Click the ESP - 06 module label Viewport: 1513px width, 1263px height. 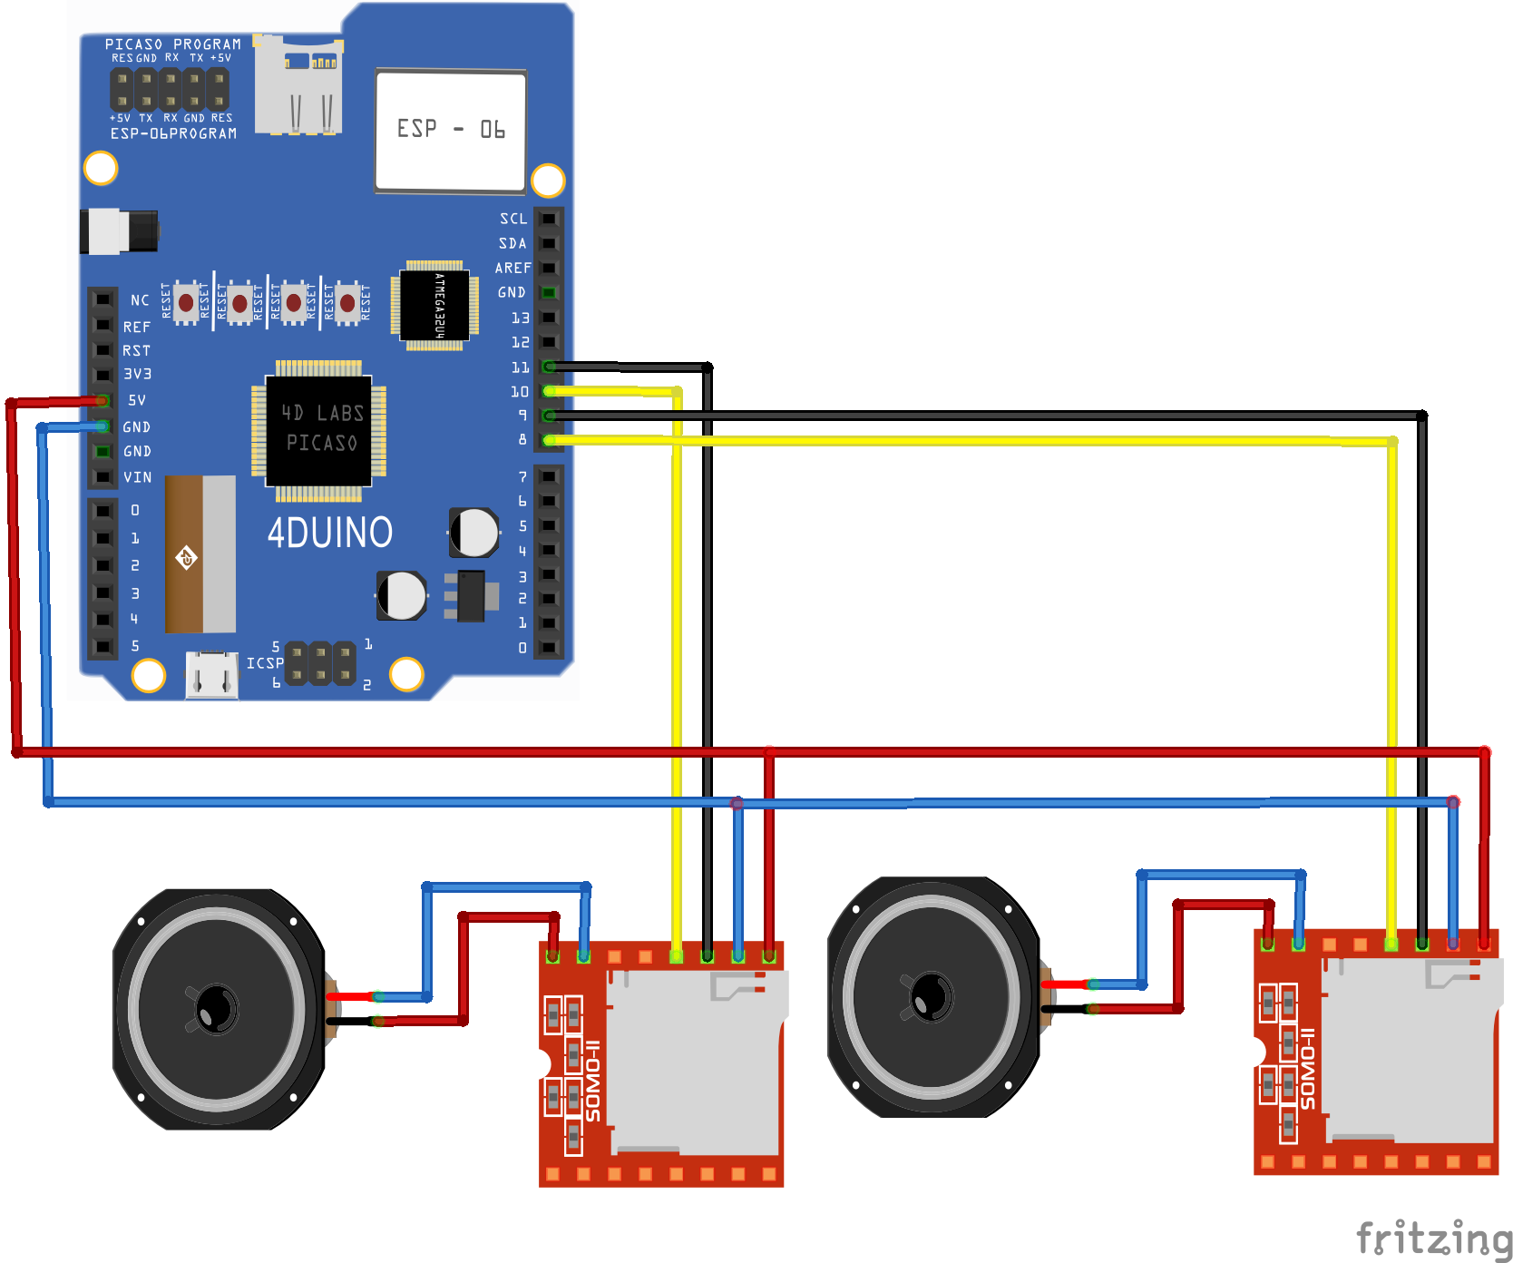(450, 130)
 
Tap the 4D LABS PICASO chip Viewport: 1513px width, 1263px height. (319, 429)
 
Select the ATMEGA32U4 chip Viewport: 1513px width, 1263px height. (435, 306)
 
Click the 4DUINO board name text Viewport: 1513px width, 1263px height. (329, 533)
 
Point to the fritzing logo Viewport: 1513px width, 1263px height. (1433, 1239)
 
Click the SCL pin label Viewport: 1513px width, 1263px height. (513, 219)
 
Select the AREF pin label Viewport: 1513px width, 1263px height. (512, 268)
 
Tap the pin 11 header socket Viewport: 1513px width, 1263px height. (549, 367)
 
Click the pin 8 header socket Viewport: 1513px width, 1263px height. (549, 440)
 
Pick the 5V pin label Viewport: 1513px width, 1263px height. (137, 400)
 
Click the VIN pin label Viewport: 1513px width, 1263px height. (138, 477)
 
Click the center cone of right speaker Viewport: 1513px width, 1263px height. (931, 996)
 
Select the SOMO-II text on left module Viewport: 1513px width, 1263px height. (593, 1080)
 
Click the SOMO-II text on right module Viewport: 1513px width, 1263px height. (1307, 1068)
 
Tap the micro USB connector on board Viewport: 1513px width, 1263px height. (211, 675)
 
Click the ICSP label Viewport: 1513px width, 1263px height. (265, 663)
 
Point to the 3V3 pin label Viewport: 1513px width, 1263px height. (137, 374)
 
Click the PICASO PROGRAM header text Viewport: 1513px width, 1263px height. (173, 44)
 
